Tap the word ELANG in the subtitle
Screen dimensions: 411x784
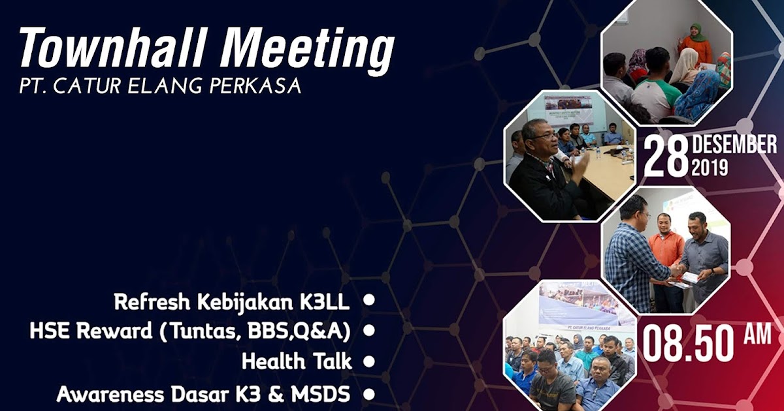tap(172, 86)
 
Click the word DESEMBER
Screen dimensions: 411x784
tap(734, 144)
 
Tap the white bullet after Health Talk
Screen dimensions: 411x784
tap(369, 361)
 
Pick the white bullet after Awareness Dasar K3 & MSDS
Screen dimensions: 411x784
tap(369, 394)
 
